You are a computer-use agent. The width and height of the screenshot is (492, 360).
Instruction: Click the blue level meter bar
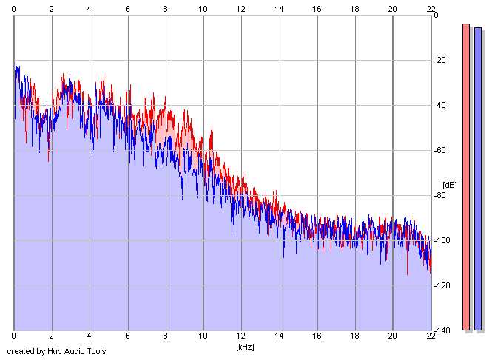tap(478, 177)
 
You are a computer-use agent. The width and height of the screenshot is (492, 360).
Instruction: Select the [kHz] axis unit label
tap(245, 346)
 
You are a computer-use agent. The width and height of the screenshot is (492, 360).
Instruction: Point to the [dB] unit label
tap(450, 184)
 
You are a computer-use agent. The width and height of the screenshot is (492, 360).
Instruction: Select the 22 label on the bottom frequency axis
tap(431, 337)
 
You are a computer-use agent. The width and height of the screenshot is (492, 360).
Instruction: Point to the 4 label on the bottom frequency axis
tap(90, 337)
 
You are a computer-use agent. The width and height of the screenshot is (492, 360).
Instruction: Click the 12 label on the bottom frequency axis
tap(240, 337)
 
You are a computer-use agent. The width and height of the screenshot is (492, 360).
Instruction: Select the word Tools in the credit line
tap(95, 351)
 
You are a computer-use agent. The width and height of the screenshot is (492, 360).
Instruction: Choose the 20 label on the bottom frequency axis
tap(392, 337)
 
